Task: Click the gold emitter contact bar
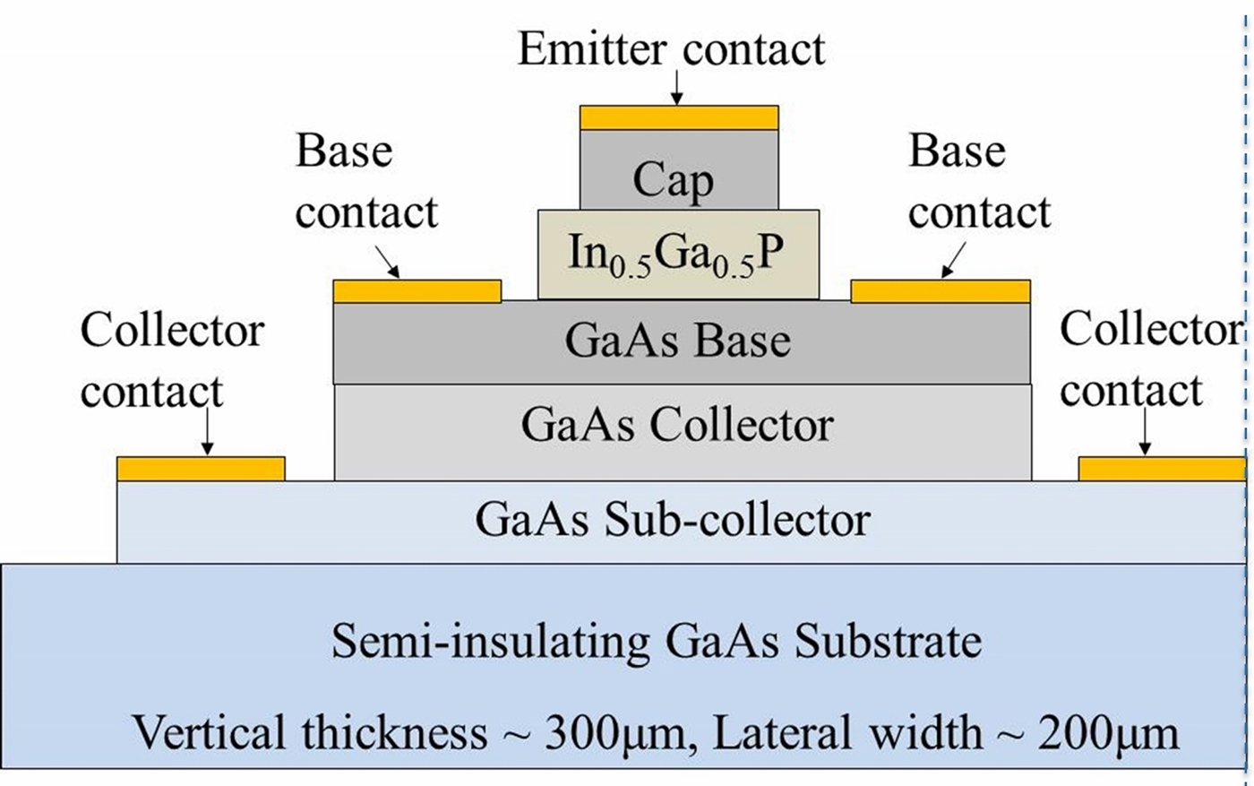pyautogui.click(x=679, y=118)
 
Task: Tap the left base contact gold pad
pyautogui.click(x=417, y=291)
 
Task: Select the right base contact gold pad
pyautogui.click(x=940, y=291)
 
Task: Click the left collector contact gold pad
pyautogui.click(x=201, y=469)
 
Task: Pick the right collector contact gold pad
pyautogui.click(x=1161, y=469)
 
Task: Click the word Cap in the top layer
pyautogui.click(x=674, y=180)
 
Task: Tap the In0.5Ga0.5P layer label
pyautogui.click(x=676, y=255)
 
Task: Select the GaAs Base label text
pyautogui.click(x=678, y=341)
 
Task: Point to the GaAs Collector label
pyautogui.click(x=677, y=425)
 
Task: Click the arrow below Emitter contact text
pyautogui.click(x=677, y=88)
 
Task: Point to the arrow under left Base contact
pyautogui.click(x=387, y=262)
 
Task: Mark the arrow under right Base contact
pyautogui.click(x=953, y=261)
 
